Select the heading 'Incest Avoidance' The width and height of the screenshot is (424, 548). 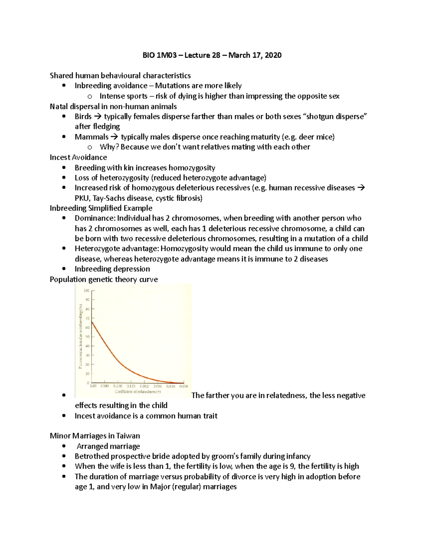tap(78, 157)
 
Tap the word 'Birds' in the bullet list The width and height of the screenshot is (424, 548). tap(83, 116)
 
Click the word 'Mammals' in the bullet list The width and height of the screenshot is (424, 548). tap(92, 137)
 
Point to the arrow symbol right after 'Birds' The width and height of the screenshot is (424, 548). tap(98, 116)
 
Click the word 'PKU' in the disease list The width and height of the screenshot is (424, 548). tap(82, 198)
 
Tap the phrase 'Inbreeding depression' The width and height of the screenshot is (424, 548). tap(112, 269)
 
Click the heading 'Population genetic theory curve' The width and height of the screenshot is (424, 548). tap(104, 279)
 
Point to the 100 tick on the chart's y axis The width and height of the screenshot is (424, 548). tap(87, 291)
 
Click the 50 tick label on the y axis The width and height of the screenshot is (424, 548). tap(87, 337)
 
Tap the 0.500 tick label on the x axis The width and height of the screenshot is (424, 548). tap(105, 386)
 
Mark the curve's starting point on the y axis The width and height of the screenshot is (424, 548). tap(92, 321)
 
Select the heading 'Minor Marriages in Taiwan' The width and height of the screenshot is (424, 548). tap(95, 436)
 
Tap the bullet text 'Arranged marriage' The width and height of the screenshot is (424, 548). tap(108, 446)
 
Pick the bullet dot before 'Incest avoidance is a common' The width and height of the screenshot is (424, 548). tap(64, 416)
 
